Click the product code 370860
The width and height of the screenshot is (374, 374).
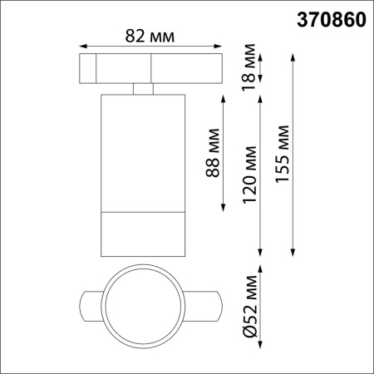point(330,19)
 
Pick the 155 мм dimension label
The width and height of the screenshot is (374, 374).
point(283,154)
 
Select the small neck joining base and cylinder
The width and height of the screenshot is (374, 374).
point(142,89)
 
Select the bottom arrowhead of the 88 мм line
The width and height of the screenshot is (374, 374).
point(224,209)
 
